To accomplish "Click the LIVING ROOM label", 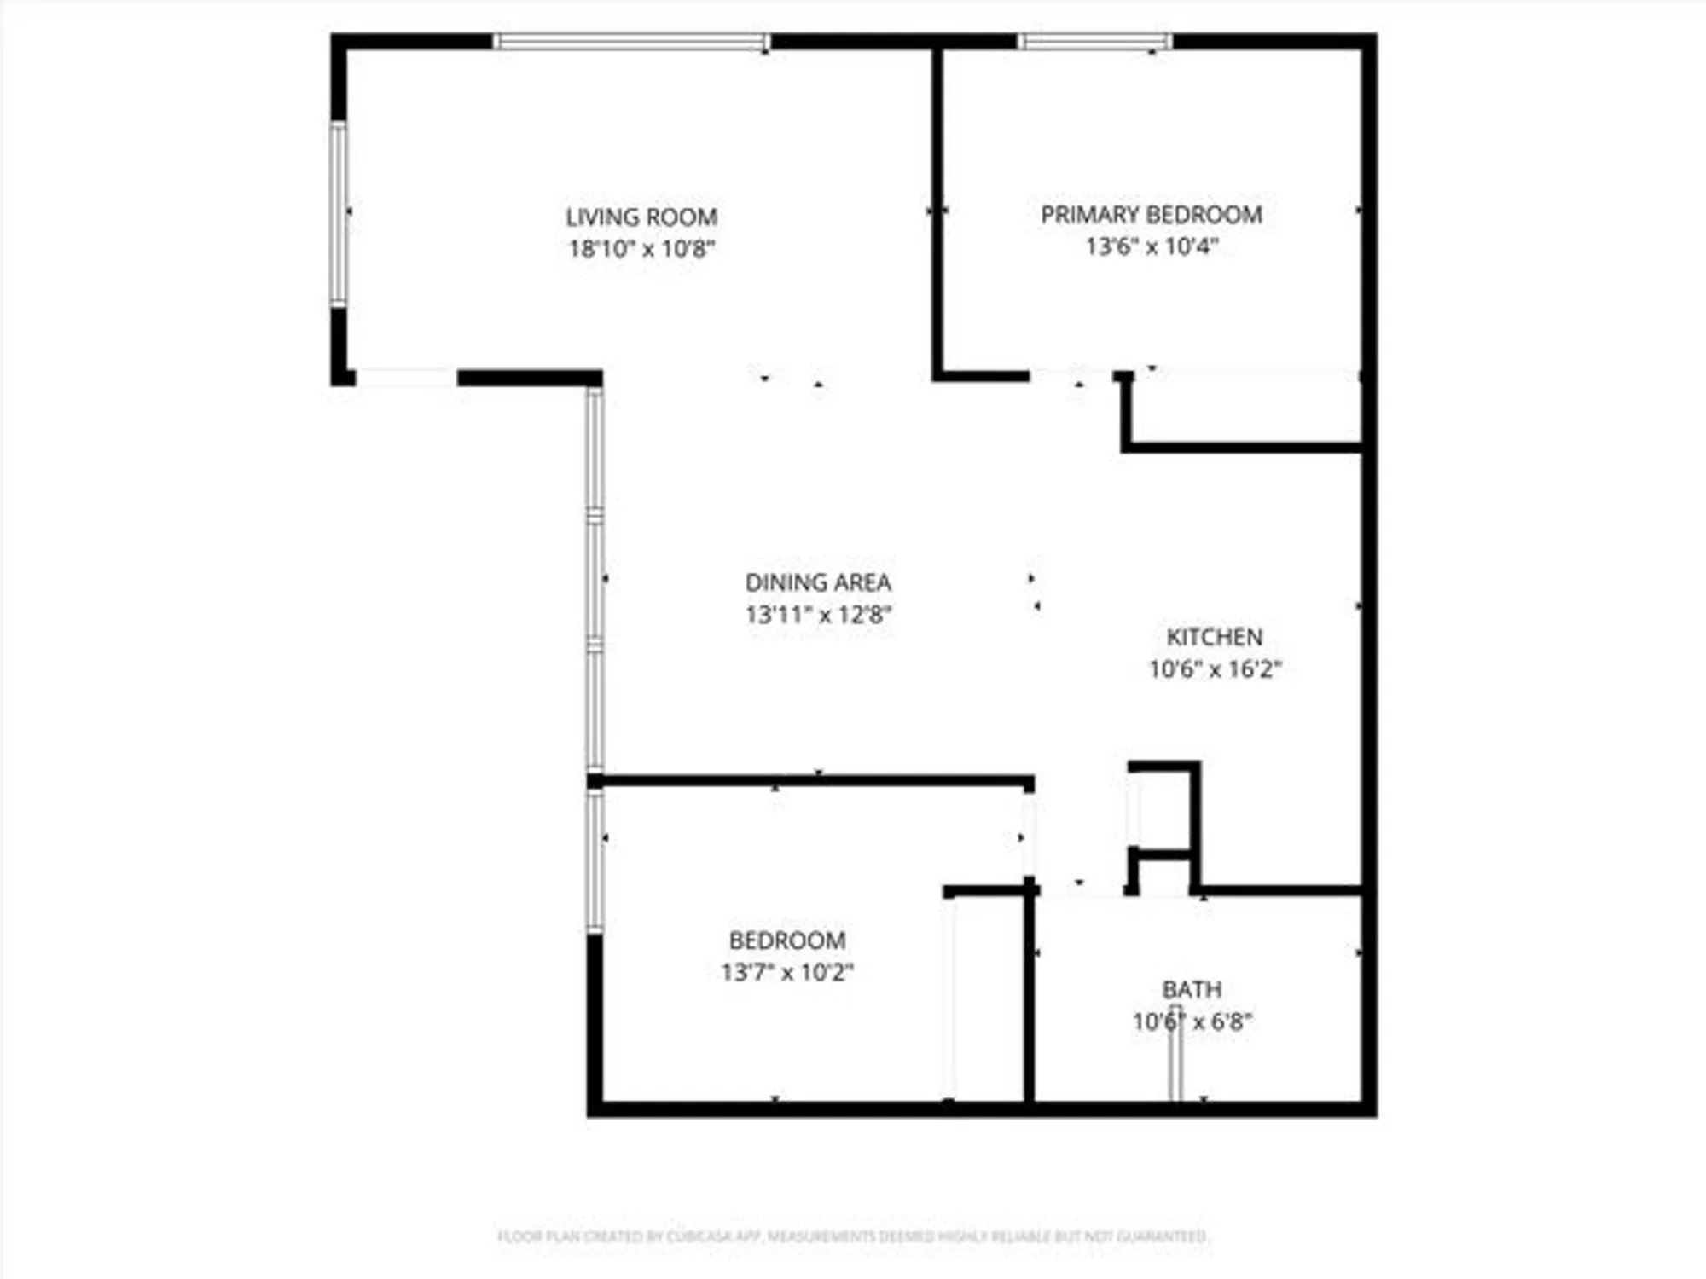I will (641, 217).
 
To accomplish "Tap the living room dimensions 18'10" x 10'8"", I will (641, 249).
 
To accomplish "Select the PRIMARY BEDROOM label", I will (1151, 214).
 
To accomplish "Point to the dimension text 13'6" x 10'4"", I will (1151, 246).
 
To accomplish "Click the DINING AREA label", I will (818, 582).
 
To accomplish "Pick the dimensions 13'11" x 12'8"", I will (818, 614).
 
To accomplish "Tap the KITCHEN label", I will (1214, 637).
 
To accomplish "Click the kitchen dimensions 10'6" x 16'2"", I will (1214, 669).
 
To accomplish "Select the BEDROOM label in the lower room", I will (787, 940).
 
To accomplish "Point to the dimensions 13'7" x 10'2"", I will (787, 972).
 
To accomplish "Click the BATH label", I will (1192, 989).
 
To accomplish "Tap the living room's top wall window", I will (631, 41).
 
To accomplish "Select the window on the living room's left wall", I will (339, 213).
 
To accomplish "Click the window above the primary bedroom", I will (1095, 41).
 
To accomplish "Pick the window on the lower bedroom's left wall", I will (595, 859).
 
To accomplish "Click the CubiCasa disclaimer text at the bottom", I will (853, 1236).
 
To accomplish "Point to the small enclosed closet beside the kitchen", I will (1162, 810).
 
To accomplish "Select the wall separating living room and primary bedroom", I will (937, 213).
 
